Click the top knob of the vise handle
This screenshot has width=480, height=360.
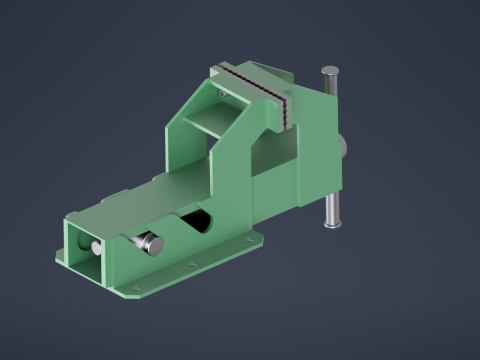pos(329,71)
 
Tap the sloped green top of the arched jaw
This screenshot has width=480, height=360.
pos(197,101)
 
